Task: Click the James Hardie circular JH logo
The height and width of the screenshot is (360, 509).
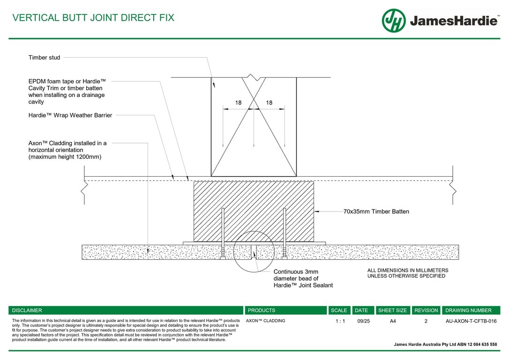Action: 394,21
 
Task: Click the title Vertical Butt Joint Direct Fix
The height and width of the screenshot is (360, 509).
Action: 93,17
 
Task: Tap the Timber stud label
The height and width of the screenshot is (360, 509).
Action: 44,58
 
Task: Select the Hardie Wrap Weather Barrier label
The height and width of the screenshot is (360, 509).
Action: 70,115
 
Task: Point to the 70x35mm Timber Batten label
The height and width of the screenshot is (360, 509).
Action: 376,212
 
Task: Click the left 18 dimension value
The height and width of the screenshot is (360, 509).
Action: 238,103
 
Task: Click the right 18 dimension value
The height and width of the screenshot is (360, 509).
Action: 269,103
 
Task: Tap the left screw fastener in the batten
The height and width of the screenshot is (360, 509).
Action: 223,234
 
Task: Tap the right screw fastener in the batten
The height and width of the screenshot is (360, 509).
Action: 284,234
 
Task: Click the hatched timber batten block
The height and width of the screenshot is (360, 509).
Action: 254,212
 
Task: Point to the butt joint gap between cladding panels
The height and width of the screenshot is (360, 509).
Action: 254,252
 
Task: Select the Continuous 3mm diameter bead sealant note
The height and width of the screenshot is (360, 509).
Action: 303,278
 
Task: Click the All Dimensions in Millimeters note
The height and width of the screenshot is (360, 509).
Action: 408,273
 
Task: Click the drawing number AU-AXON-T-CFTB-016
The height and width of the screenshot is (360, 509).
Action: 471,321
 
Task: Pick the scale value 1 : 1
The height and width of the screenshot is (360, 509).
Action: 340,321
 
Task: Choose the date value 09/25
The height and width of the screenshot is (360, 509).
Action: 364,321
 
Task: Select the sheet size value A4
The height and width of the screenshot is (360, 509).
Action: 393,321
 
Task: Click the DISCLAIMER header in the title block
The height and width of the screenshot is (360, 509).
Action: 27,310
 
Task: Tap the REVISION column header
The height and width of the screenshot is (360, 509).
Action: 426,310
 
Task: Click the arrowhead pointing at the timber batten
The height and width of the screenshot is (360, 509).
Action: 316,212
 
